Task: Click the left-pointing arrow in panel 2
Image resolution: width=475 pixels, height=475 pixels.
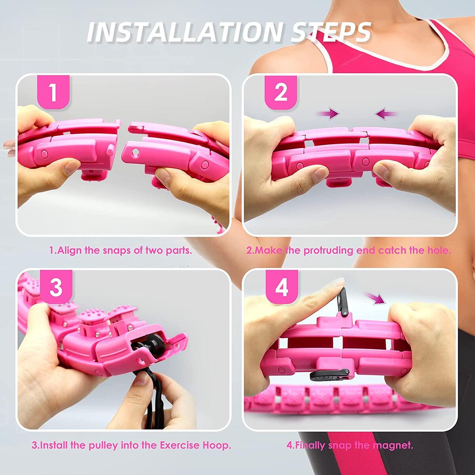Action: pos(386,114)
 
